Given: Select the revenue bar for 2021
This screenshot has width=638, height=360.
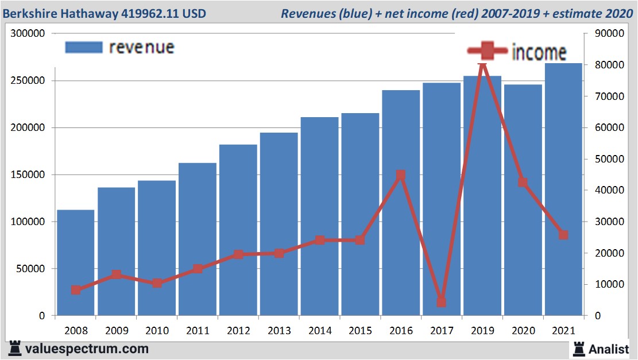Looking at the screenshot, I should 563,189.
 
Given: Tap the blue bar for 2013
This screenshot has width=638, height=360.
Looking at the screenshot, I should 279,224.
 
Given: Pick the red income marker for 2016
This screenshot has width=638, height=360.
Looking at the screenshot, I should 401,175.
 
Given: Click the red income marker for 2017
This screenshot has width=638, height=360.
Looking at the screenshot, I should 441,302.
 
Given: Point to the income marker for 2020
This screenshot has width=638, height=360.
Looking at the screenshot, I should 523,182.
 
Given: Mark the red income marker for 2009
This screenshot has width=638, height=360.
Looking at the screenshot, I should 117,274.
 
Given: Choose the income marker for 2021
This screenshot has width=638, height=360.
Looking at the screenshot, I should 563,235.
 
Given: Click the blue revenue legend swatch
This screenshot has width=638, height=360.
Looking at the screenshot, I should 83,47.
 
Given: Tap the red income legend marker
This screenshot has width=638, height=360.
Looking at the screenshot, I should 488,51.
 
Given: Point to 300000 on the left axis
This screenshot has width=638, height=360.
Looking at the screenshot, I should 28,34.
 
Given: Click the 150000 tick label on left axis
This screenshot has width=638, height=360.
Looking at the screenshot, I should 28,175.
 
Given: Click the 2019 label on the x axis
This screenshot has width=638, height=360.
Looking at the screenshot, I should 482,331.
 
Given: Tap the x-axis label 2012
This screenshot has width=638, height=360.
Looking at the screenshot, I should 238,331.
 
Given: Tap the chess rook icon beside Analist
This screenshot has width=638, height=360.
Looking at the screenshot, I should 579,348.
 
